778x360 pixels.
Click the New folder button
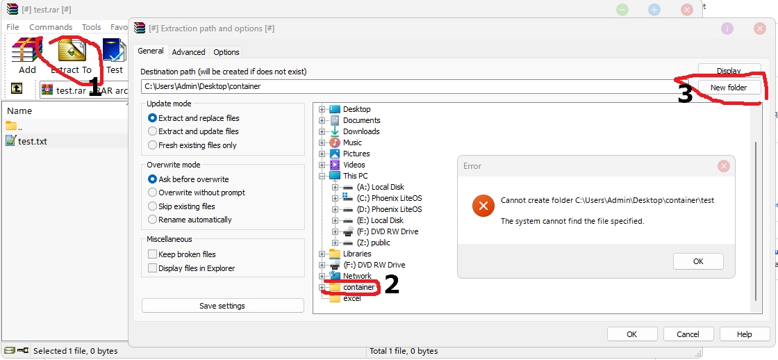pos(728,88)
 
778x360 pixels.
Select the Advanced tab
pos(188,52)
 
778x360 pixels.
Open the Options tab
pos(226,52)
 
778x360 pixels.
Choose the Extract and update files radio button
pos(153,131)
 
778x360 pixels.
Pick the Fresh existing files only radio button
pos(153,145)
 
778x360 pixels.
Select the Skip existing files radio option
pos(153,206)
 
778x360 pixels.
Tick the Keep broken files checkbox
pos(153,254)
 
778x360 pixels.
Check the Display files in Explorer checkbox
pos(153,268)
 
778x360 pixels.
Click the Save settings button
pos(222,306)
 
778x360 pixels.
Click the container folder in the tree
pos(358,287)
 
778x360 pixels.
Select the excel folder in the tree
pos(351,298)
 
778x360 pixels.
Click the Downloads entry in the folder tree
pos(361,131)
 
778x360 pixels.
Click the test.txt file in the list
pos(33,141)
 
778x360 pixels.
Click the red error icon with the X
pos(481,206)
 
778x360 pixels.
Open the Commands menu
pos(51,27)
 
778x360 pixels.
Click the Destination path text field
pos(403,87)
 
